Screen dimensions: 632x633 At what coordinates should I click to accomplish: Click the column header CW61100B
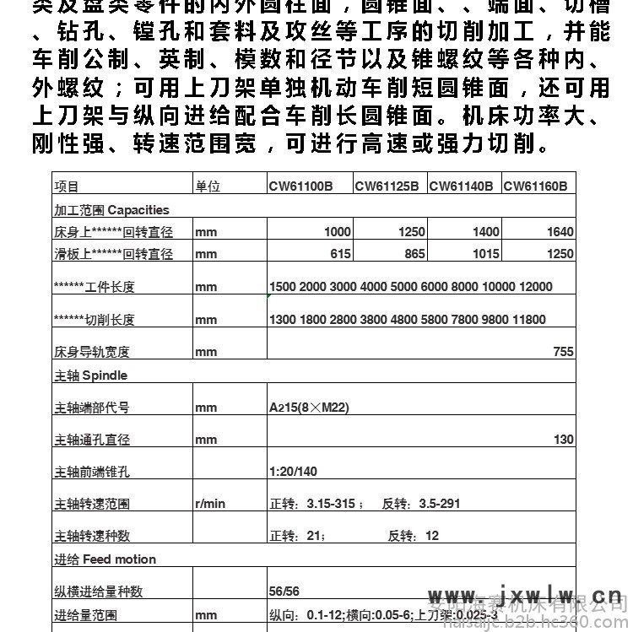tap(300, 186)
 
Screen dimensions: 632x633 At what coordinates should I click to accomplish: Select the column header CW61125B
tap(387, 186)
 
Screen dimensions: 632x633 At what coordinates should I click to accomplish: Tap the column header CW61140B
tap(461, 186)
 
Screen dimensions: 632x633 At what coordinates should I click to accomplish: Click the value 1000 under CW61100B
tap(338, 232)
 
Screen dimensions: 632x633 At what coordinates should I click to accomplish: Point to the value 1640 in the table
tap(560, 232)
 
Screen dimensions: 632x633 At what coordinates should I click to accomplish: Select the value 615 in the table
tap(341, 254)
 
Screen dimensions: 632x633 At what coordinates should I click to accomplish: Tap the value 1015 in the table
tap(486, 254)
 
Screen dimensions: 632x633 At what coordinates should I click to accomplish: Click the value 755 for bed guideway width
tap(564, 352)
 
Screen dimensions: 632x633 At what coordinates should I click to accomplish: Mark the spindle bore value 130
tap(564, 440)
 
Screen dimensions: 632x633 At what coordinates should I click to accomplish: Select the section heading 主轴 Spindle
tap(90, 375)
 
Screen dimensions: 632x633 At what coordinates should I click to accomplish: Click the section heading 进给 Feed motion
tap(105, 559)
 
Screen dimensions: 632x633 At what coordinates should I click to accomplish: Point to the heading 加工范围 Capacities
tap(111, 209)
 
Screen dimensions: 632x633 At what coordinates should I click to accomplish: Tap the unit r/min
tap(210, 504)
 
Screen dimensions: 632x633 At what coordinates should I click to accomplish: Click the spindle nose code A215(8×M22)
tap(309, 408)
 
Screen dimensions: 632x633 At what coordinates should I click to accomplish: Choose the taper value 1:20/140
tap(293, 472)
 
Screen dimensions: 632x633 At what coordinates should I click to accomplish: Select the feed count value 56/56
tap(284, 591)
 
